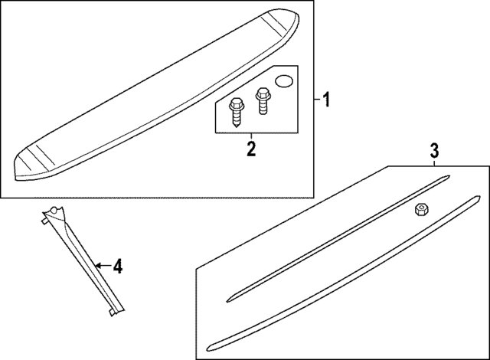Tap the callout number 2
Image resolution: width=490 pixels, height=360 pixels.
[250, 148]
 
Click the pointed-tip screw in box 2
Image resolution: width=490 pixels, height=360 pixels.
[236, 108]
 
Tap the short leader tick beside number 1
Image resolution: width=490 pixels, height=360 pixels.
[315, 100]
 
